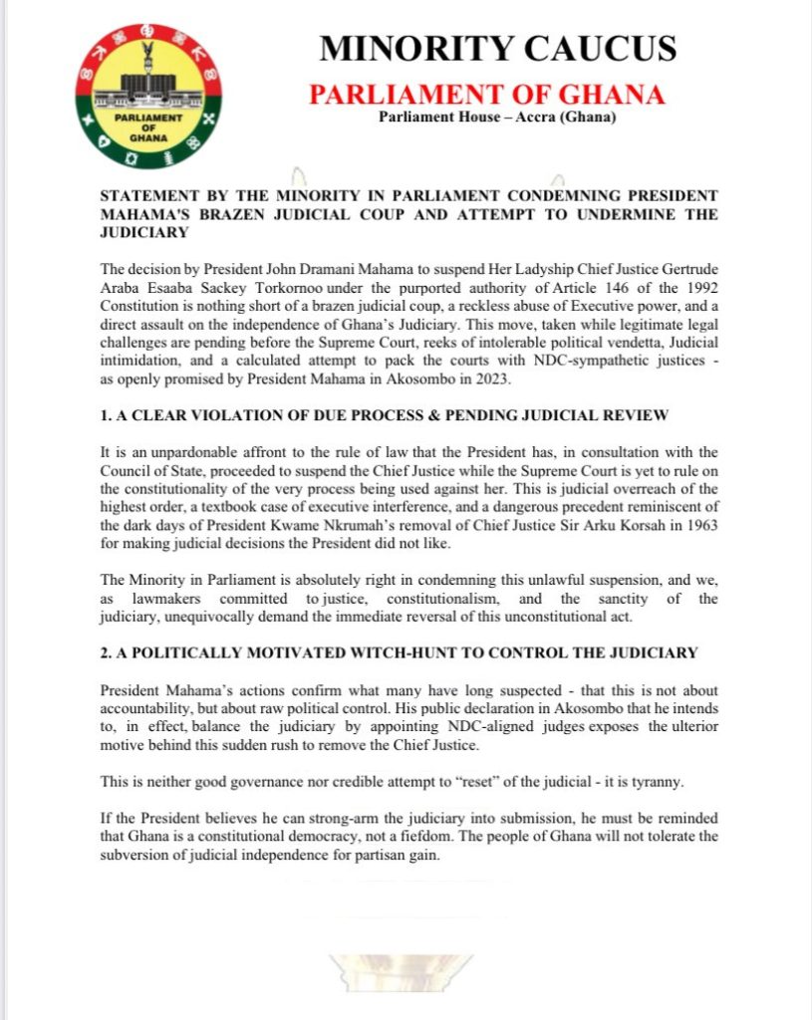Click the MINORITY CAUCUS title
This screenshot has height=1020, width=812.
pyautogui.click(x=497, y=49)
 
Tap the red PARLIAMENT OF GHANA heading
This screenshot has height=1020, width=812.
pyautogui.click(x=486, y=95)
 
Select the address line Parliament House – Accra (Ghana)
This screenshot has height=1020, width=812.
pyautogui.click(x=497, y=120)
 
